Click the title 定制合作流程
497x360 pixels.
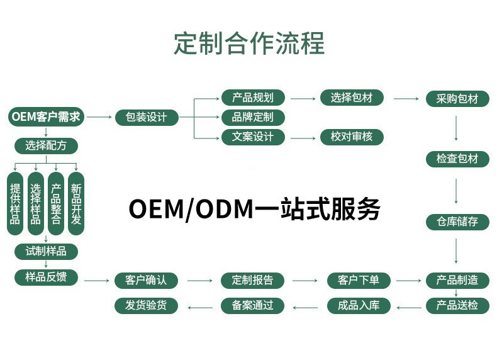tap(248, 43)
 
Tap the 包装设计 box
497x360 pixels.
tap(147, 118)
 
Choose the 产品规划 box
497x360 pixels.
tap(253, 98)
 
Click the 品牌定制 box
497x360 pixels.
tap(253, 117)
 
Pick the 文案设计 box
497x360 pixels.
tap(253, 137)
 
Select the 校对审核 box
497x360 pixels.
tap(352, 137)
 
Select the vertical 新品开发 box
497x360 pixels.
tap(76, 204)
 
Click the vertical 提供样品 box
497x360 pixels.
tap(15, 204)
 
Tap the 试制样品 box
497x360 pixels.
tap(46, 251)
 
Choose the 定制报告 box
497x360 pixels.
tap(253, 280)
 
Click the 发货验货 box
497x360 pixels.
tap(147, 306)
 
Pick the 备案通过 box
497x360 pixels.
tap(253, 306)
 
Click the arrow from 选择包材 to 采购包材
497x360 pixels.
tap(406, 99)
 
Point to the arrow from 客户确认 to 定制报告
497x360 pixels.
tap(199, 281)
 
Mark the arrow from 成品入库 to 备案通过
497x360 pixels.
tap(306, 307)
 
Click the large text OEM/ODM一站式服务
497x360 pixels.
tap(254, 209)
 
